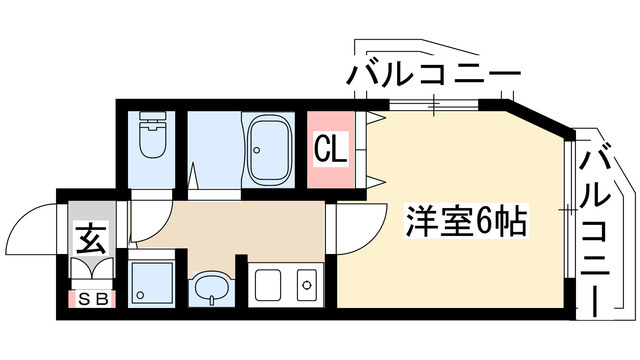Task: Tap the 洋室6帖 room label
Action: click(465, 218)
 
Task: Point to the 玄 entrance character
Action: click(92, 239)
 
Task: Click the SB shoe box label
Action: click(93, 298)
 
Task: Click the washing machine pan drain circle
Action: click(140, 296)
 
